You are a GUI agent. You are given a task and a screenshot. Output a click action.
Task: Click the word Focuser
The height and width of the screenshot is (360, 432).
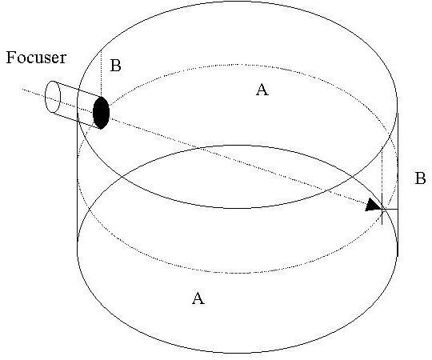tap(36, 58)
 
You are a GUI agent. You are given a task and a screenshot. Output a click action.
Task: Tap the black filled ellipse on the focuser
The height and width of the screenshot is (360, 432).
tap(101, 113)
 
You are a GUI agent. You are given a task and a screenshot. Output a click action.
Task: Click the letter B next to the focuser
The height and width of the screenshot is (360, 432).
tap(115, 66)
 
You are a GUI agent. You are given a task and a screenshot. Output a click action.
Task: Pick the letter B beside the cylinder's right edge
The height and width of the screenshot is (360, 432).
tap(420, 178)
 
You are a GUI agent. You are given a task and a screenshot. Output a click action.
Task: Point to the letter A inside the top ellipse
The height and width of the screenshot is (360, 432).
tap(262, 90)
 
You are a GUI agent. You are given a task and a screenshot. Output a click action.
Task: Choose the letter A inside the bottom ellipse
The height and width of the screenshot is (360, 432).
tap(198, 298)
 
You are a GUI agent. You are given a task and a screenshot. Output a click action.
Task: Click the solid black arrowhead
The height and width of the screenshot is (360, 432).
tap(374, 206)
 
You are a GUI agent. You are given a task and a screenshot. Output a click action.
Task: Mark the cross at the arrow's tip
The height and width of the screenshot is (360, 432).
tap(382, 209)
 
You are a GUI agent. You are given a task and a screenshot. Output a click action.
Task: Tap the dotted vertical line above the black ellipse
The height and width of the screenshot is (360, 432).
tap(102, 74)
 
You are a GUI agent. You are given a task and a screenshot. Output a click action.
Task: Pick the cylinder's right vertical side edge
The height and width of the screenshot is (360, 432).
tap(398, 183)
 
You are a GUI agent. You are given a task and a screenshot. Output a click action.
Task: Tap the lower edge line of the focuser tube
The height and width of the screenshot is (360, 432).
tap(77, 121)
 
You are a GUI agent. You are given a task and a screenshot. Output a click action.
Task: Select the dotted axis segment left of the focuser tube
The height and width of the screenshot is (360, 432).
tap(34, 93)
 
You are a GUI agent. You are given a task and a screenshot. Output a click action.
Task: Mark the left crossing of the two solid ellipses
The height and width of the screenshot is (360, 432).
tap(122, 177)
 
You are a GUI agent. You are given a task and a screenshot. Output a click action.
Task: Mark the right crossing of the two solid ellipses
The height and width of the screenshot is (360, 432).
tap(353, 176)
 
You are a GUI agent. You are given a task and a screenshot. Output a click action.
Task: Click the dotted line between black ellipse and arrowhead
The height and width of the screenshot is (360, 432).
tap(238, 160)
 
